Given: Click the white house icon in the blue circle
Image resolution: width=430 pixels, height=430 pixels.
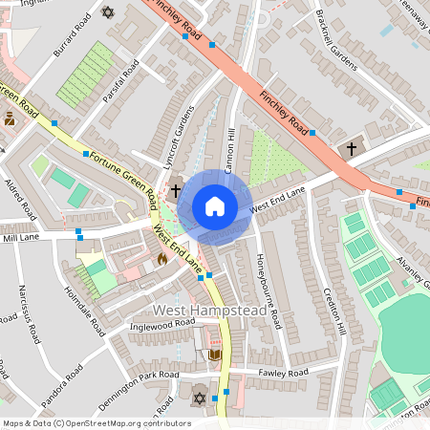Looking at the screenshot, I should [215, 206].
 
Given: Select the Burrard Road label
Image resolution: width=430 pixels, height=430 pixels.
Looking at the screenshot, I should [73, 33].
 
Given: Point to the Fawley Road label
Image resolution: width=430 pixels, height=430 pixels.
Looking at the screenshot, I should [283, 372].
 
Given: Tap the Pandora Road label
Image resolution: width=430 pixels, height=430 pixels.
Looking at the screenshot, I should [57, 373].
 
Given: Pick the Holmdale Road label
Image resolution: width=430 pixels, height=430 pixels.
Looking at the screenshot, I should [82, 312].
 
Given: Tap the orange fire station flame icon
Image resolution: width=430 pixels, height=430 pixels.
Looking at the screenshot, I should [161, 258].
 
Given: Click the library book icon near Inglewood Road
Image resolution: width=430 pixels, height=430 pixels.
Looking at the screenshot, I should [214, 355].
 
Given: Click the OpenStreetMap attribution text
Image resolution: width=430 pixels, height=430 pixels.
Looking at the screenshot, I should [97, 422].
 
